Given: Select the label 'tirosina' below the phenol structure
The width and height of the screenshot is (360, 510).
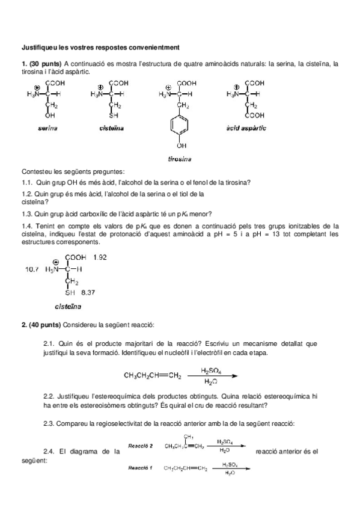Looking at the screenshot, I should click(180, 159).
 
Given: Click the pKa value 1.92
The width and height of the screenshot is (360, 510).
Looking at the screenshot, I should click(101, 257).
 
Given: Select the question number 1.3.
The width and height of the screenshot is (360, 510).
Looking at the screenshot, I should click(27, 214).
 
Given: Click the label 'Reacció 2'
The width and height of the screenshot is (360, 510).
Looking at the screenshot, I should click(141, 446).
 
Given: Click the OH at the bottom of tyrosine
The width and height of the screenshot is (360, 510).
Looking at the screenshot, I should click(181, 146).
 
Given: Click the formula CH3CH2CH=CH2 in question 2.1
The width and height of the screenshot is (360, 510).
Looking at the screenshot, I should click(152, 376).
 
